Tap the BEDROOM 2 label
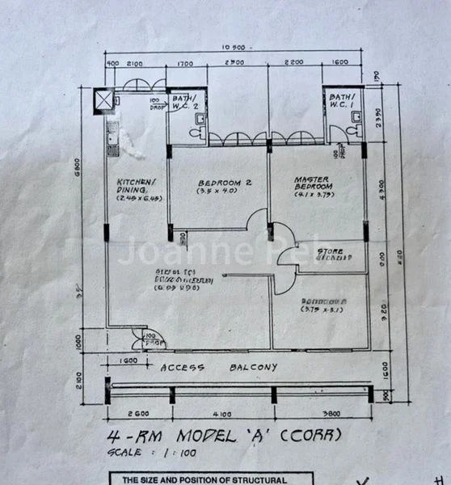[x=224, y=183]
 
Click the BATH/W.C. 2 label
[x=187, y=102]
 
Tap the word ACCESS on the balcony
[x=184, y=367]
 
